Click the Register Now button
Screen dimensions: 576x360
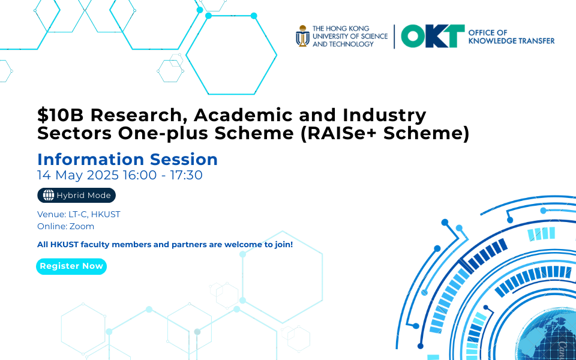tap(71, 266)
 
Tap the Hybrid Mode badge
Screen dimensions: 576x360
tap(76, 196)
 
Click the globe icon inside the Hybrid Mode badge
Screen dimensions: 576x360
tap(49, 196)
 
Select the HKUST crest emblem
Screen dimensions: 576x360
tap(302, 36)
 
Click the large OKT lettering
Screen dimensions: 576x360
tap(433, 36)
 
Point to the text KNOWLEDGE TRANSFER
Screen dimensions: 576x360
tap(511, 41)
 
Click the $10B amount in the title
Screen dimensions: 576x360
tap(60, 115)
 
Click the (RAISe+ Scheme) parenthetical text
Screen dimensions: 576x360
tap(385, 134)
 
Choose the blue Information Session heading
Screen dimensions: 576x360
tap(127, 160)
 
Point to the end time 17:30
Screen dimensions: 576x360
tap(186, 175)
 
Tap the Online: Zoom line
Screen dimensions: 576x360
tap(66, 226)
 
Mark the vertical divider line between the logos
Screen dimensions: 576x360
tap(395, 37)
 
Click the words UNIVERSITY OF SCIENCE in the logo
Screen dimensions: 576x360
tap(350, 36)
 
